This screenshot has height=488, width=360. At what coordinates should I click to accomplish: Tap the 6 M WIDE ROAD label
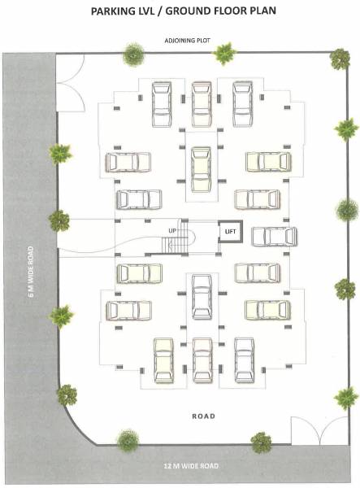pos(31,271)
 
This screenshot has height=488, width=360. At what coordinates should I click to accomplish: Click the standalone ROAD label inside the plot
pos(204,416)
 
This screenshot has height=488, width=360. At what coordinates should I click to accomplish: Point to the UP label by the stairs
pos(171,231)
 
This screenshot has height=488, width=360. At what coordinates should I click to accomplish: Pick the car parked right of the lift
pos(273,237)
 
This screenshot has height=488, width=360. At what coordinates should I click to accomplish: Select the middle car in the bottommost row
pos(202,359)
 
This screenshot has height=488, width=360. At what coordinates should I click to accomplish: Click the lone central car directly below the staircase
pos(202,297)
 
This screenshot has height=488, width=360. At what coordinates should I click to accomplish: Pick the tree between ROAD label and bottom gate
pos(261,442)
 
